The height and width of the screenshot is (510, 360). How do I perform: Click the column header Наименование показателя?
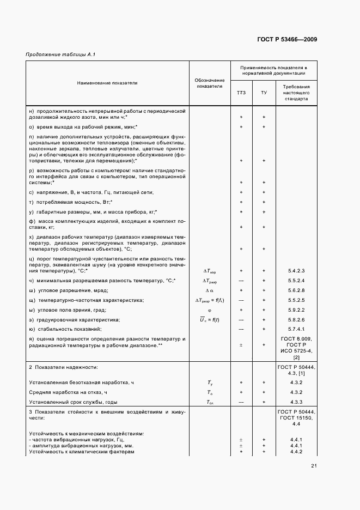tap(107, 83)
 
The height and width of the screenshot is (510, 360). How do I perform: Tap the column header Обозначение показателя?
tap(210, 83)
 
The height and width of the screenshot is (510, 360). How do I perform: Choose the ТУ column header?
tap(264, 93)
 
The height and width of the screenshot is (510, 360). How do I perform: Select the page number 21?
tap(314, 465)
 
